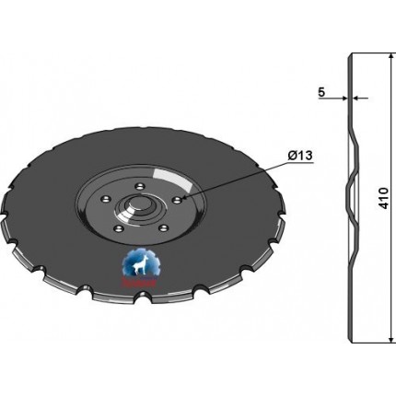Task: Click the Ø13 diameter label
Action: pos(300,156)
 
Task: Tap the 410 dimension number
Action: pos(384,198)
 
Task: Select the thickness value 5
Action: pos(321,92)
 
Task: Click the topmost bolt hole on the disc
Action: pos(140,186)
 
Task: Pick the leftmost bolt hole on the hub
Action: pos(105,200)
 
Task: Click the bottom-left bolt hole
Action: pos(118,228)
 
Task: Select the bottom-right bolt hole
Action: pos(165,228)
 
